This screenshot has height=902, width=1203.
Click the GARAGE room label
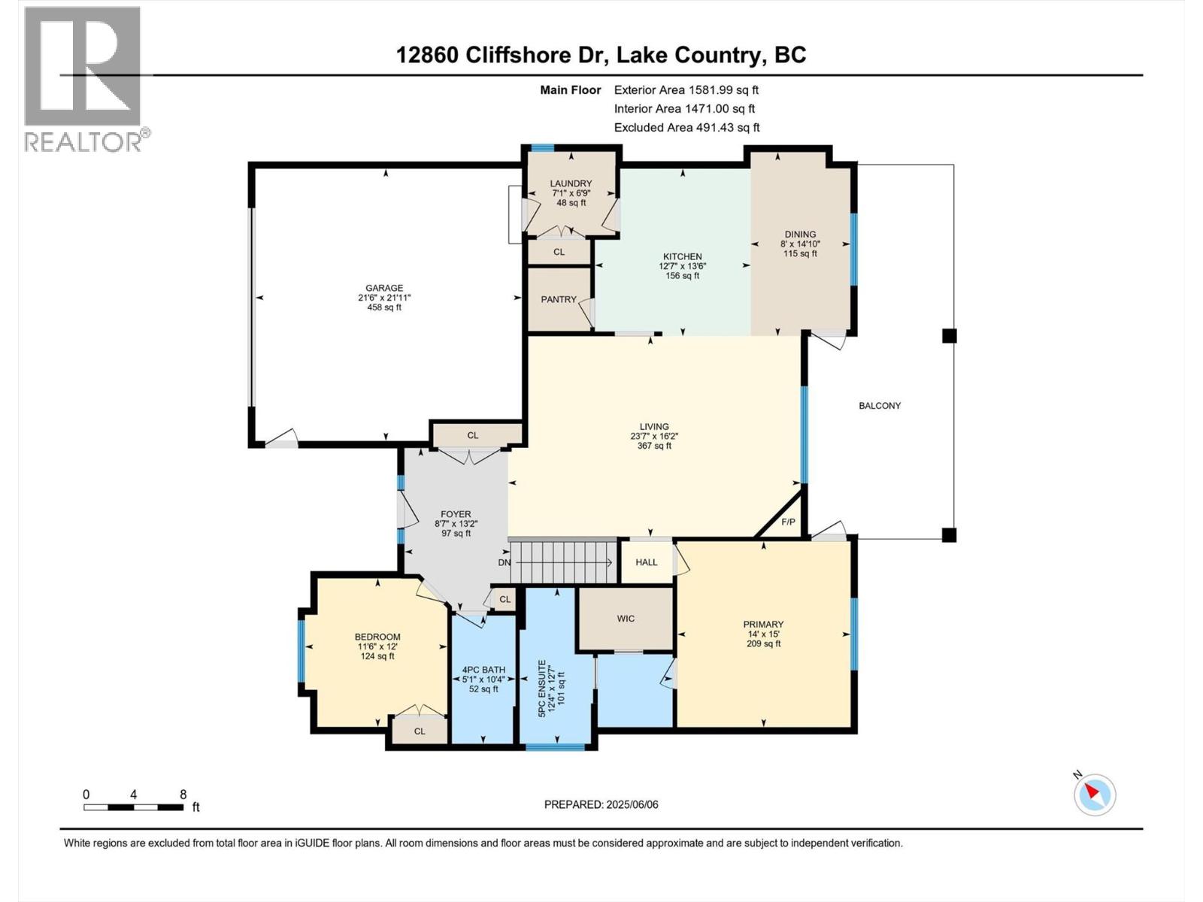[x=384, y=288]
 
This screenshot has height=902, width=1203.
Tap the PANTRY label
[x=559, y=299]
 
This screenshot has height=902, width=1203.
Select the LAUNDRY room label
[x=571, y=183]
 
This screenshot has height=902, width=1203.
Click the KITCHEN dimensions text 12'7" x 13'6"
[x=682, y=266]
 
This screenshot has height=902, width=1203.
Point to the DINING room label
[x=800, y=235]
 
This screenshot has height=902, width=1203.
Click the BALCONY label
[x=880, y=406]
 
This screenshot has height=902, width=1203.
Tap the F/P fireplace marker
[x=788, y=522]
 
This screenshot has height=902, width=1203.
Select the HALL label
[x=646, y=562]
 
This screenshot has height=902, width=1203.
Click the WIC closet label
[x=626, y=619]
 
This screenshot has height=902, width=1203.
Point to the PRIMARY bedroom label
[x=763, y=624]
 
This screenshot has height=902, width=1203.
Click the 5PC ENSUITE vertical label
[x=542, y=688]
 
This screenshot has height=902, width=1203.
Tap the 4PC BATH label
[x=483, y=670]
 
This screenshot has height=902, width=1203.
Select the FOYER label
[x=456, y=514]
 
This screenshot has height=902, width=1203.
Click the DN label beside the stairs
[x=504, y=562]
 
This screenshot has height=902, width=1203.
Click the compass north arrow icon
[x=1095, y=795]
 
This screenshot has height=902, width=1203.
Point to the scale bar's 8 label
[x=183, y=795]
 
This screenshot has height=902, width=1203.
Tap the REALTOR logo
[x=84, y=79]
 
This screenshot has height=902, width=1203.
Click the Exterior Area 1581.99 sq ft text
[x=686, y=89]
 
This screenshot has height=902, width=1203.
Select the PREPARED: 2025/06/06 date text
[x=601, y=804]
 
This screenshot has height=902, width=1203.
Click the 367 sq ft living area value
[x=654, y=446]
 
